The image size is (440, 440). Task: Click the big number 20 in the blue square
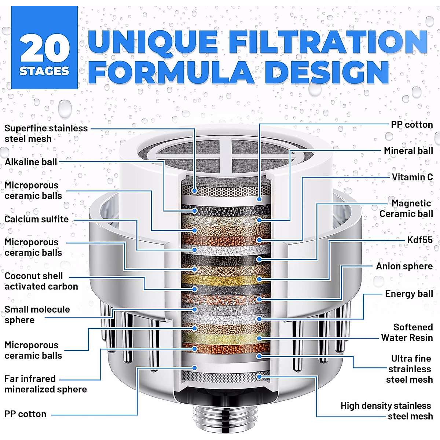coord(45,48)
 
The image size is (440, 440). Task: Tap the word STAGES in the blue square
coord(44,71)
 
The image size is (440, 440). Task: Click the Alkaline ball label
coord(31,162)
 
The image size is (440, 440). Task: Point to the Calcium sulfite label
coord(37,219)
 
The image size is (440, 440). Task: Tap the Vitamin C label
coord(412,177)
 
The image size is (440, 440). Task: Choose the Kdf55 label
coord(420,240)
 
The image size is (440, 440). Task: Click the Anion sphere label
coord(404,266)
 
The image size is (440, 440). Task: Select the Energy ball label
coord(408,294)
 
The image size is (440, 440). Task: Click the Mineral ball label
coord(408,151)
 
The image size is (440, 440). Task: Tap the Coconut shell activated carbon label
coord(41,281)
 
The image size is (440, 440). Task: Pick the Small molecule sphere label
coord(37,315)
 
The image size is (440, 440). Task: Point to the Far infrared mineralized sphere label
coord(45,384)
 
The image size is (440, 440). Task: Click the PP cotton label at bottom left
coord(25,414)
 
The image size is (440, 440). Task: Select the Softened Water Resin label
coord(407,333)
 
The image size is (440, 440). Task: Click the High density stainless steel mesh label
coord(386,411)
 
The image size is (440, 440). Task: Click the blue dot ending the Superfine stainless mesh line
coord(195,191)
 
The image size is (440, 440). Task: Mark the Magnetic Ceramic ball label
coord(406,209)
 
